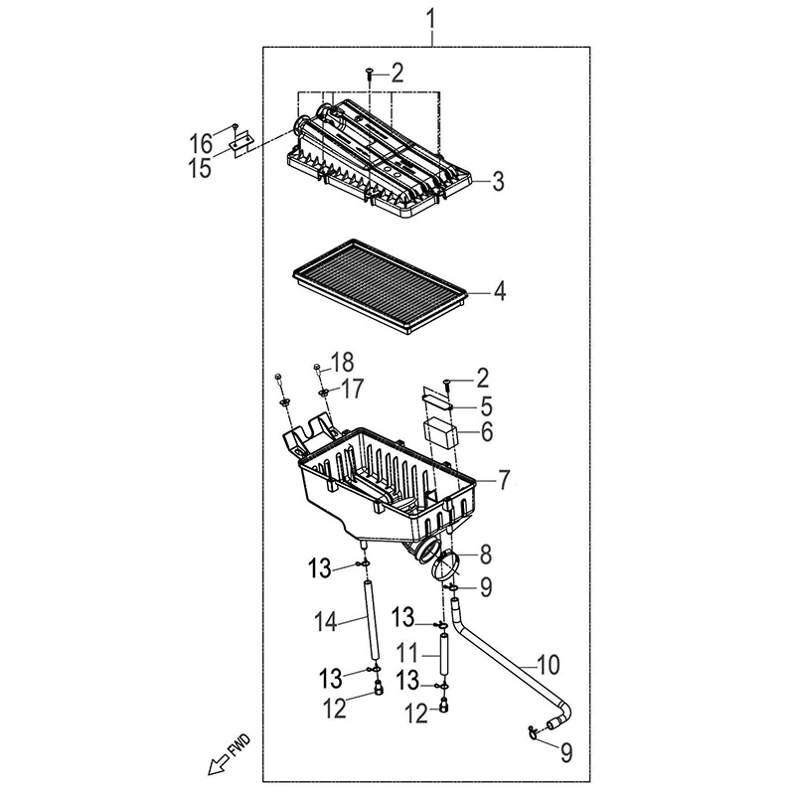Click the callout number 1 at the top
[x=432, y=18]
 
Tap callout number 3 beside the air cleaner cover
[x=497, y=181]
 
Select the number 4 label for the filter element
[x=500, y=292]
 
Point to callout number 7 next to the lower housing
[x=503, y=481]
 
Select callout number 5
[x=487, y=405]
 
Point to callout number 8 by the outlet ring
[x=485, y=553]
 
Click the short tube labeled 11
[x=443, y=658]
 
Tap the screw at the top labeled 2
[x=369, y=72]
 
